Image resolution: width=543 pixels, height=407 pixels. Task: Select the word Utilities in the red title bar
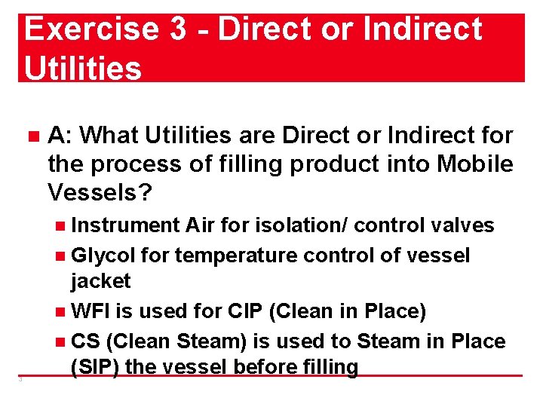point(83,68)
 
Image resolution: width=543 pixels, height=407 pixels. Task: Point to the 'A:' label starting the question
point(60,136)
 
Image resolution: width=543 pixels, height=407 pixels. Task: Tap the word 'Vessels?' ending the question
point(100,193)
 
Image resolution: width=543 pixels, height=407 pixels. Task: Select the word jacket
point(100,281)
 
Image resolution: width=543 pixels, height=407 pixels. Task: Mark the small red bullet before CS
point(61,342)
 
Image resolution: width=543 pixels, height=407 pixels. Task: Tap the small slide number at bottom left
point(20,379)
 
